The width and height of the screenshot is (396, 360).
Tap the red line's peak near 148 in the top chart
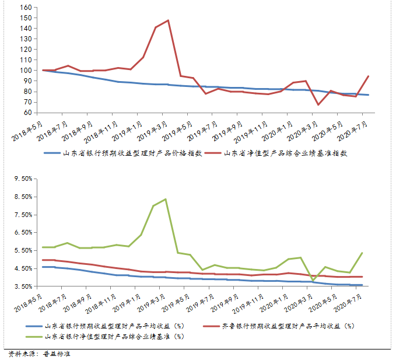tap(168, 20)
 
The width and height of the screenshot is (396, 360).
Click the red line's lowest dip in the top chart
tap(318, 105)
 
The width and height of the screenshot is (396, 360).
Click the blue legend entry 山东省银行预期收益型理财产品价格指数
tap(125, 153)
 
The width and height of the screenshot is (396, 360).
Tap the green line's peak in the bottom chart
tap(166, 199)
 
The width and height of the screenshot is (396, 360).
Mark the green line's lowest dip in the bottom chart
tap(313, 281)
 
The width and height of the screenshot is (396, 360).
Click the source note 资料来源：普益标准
tap(39, 354)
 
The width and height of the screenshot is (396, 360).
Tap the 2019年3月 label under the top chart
tap(153, 130)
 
